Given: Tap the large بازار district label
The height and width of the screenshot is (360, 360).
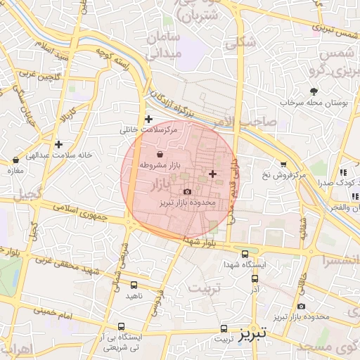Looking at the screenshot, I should tap(160, 184).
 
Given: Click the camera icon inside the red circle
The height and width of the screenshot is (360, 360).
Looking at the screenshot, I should tap(187, 191).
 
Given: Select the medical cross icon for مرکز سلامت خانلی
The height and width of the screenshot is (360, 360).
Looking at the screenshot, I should tap(148, 120).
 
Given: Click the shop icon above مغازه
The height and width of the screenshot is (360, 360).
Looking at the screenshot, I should tap(15, 160).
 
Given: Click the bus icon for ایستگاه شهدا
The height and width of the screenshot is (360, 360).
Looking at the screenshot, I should tap(245, 254).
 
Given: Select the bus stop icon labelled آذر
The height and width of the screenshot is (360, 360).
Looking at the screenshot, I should tap(254, 278).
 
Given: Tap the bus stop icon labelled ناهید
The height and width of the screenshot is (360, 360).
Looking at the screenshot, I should tap(134, 285).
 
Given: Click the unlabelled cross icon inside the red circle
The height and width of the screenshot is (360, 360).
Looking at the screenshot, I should tap(213, 173).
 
